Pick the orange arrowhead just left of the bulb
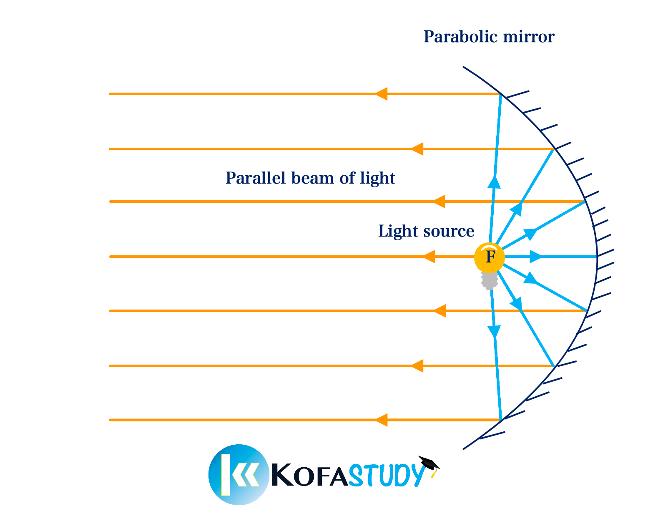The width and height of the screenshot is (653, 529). [x=429, y=257]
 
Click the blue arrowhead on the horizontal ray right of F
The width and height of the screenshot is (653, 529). [x=536, y=257]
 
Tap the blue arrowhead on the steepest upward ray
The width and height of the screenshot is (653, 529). [x=494, y=182]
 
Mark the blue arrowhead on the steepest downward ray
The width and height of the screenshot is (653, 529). [x=494, y=331]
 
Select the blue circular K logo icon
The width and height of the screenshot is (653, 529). [x=239, y=474]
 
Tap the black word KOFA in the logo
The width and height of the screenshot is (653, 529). [x=310, y=474]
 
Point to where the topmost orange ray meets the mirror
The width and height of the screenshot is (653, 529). [x=501, y=93]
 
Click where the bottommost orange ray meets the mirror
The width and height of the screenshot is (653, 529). [x=501, y=420]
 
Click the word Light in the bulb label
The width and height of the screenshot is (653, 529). [x=398, y=231]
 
